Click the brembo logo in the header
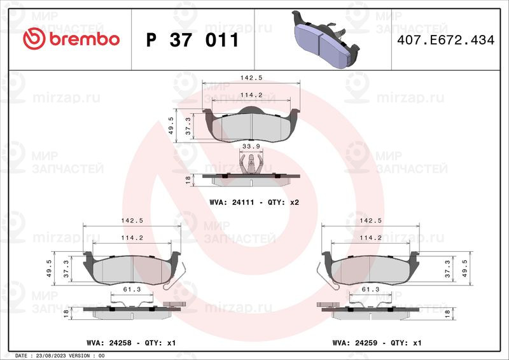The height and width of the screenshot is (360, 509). (x=71, y=39)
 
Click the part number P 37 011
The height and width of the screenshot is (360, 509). (x=193, y=40)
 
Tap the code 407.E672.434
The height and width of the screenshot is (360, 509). (x=446, y=40)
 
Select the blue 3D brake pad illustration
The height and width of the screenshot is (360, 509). (x=325, y=39)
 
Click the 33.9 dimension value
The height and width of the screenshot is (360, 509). (x=251, y=146)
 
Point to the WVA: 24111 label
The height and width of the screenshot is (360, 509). (x=232, y=202)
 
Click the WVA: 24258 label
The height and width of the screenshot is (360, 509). (x=109, y=343)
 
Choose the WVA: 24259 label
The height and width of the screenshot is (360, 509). (x=355, y=343)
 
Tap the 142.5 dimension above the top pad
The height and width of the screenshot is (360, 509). (x=251, y=78)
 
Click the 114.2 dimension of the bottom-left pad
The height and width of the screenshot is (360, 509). (x=132, y=238)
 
